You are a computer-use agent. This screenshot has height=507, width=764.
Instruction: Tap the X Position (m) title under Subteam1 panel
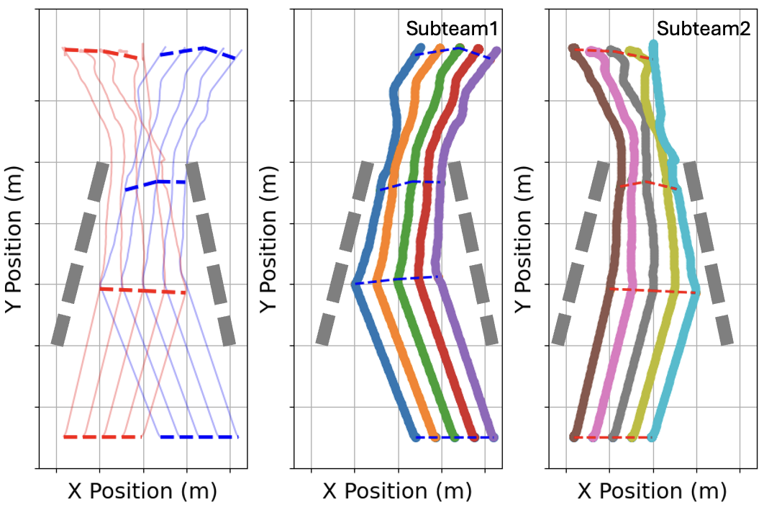pyautogui.click(x=397, y=491)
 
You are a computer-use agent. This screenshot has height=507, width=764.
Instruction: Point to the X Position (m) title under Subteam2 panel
pyautogui.click(x=652, y=491)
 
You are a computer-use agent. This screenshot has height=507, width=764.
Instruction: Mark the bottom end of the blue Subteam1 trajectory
pyautogui.click(x=416, y=436)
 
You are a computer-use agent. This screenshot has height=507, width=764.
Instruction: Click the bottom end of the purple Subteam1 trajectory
pyautogui.click(x=494, y=436)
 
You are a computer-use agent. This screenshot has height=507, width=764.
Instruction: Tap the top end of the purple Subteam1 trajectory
pyautogui.click(x=496, y=52)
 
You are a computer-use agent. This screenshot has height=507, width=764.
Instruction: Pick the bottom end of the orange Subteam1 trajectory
pyautogui.click(x=435, y=436)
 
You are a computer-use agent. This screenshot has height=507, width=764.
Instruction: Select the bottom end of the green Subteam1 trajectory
pyautogui.click(x=455, y=436)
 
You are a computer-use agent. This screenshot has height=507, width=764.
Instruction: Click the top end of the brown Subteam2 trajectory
pyautogui.click(x=573, y=49)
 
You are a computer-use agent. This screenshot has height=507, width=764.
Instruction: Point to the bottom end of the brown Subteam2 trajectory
pyautogui.click(x=574, y=436)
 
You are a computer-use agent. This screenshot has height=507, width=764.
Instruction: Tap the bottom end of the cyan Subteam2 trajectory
pyautogui.click(x=652, y=436)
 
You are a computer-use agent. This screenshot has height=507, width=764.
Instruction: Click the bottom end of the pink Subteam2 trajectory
pyautogui.click(x=594, y=436)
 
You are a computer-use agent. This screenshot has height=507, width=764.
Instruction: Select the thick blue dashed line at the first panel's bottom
pyautogui.click(x=199, y=436)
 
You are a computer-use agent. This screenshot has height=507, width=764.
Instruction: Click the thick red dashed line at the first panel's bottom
pyautogui.click(x=103, y=436)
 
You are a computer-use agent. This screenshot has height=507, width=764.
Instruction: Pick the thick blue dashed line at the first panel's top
pyautogui.click(x=198, y=51)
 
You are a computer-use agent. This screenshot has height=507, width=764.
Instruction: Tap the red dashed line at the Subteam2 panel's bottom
pyautogui.click(x=613, y=437)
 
